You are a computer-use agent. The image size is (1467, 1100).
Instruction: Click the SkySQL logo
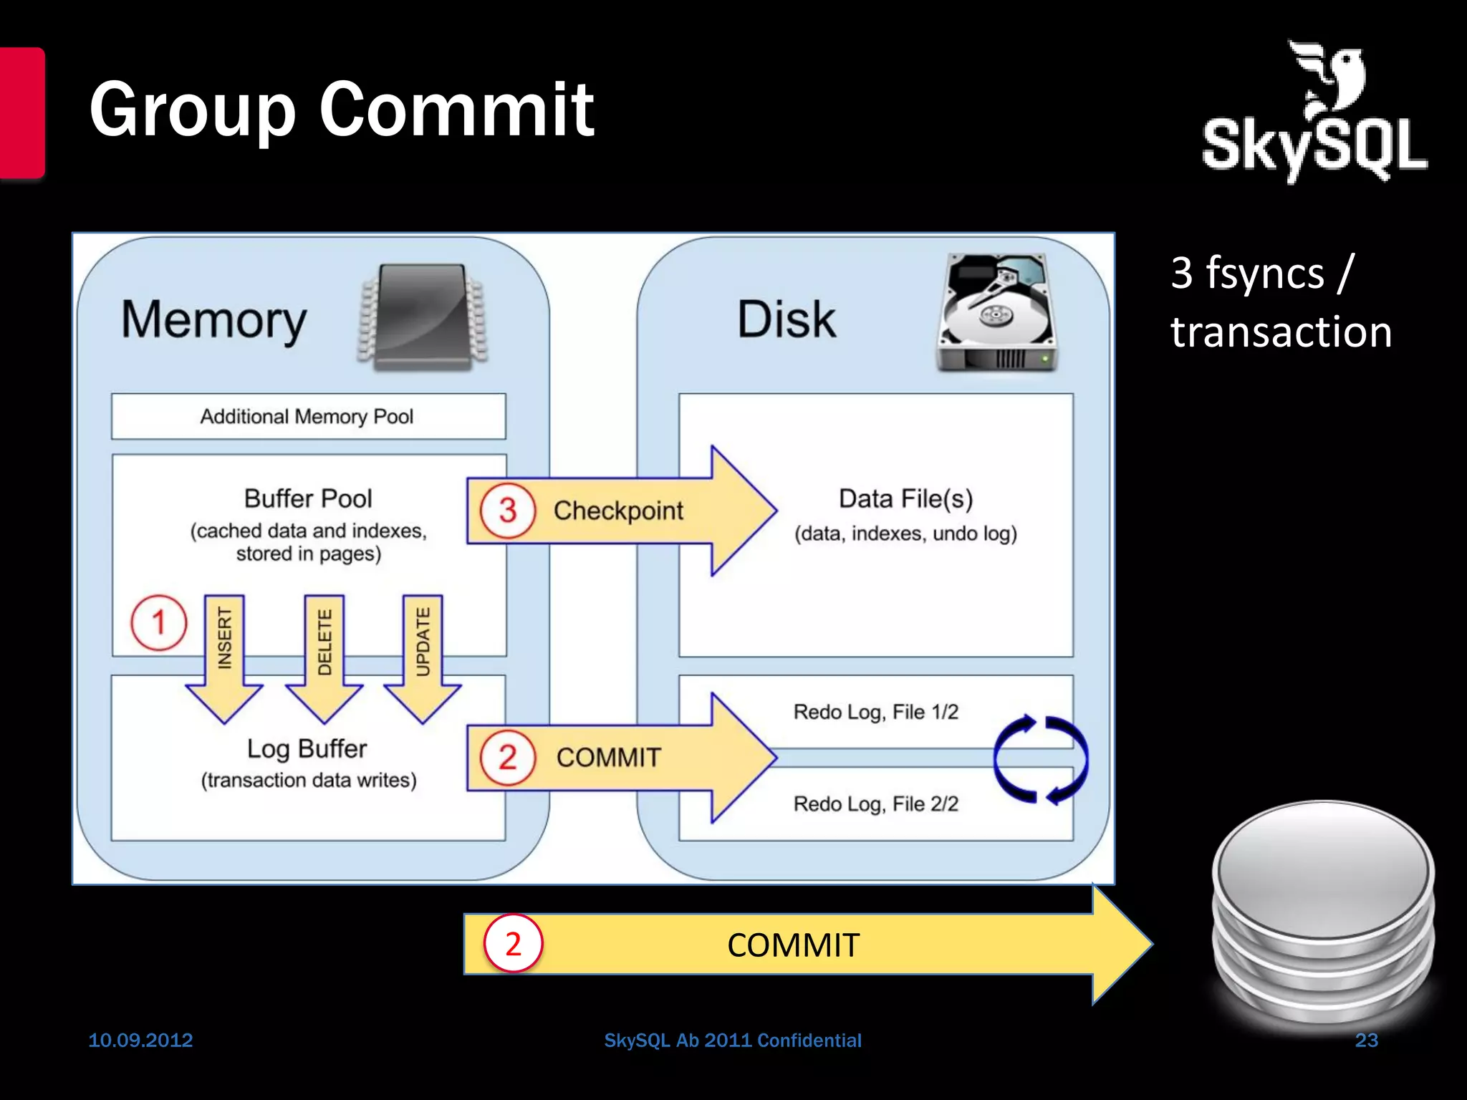(1314, 115)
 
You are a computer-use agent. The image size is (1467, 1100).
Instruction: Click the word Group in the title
(192, 111)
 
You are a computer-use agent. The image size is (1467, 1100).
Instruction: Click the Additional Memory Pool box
(308, 416)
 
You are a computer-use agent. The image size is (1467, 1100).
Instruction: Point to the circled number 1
(158, 622)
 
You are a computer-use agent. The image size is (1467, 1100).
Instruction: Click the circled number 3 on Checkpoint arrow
(508, 511)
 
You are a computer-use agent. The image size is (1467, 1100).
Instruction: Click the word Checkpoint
(618, 511)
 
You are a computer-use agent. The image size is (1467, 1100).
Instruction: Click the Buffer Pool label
(308, 498)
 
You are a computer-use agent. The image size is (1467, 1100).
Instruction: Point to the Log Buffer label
(307, 748)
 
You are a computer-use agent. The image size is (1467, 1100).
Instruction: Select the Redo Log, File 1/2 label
(875, 712)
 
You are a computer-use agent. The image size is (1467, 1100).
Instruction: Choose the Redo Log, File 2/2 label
(875, 804)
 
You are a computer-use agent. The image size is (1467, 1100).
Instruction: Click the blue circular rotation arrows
(1040, 759)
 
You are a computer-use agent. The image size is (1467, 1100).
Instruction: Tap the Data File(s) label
(905, 499)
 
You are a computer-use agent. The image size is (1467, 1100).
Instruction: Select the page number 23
(1366, 1040)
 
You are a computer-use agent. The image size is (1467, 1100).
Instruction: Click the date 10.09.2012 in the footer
(140, 1040)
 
